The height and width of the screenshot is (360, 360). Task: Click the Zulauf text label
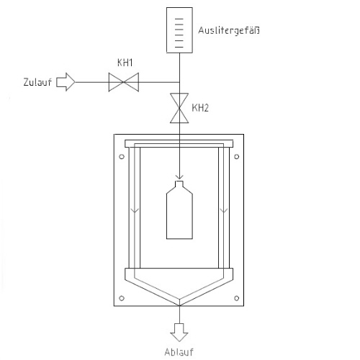(x=37, y=82)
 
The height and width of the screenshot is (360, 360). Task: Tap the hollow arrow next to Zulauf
(x=66, y=82)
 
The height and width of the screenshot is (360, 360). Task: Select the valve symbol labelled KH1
(x=124, y=82)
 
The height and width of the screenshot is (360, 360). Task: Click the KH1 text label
(x=125, y=63)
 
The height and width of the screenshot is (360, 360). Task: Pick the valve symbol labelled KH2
(x=179, y=108)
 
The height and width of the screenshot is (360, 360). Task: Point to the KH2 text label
(x=200, y=108)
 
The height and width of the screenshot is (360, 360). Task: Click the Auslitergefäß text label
(x=229, y=31)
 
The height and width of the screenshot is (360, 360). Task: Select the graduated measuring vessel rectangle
(x=179, y=30)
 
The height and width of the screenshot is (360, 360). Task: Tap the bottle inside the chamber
(x=179, y=210)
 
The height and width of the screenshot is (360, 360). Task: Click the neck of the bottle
(x=179, y=184)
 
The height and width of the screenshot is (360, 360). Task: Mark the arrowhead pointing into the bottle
(x=179, y=177)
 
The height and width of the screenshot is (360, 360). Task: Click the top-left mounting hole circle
(x=122, y=157)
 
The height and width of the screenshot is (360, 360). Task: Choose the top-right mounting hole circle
(x=237, y=157)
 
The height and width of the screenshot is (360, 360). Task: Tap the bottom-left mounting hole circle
(x=122, y=298)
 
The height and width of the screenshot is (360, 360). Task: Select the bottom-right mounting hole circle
(x=237, y=298)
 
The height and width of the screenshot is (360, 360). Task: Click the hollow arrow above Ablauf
(x=179, y=333)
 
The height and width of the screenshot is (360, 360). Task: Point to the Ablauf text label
(x=179, y=352)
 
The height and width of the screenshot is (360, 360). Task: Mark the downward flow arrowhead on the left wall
(x=135, y=211)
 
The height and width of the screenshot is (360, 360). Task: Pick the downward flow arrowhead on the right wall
(x=224, y=211)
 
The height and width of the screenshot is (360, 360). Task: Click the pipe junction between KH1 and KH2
(x=179, y=82)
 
